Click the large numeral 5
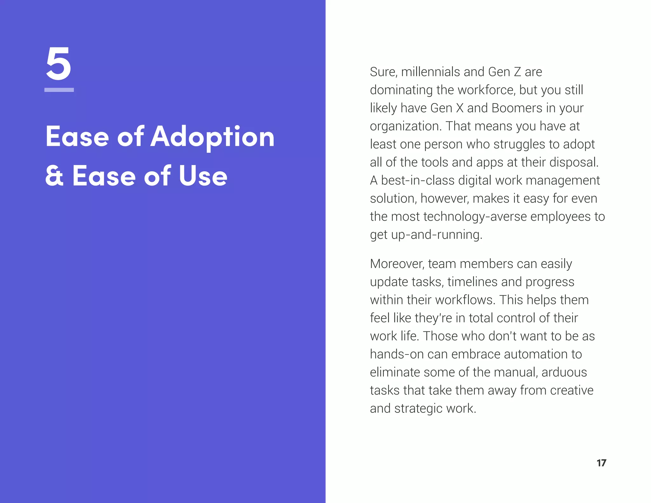coord(58,63)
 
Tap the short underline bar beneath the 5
coord(59,90)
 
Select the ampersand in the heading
coord(54,176)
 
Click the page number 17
coord(601,463)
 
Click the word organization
coord(406,126)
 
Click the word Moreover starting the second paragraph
coord(397,264)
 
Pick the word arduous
coord(564,372)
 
